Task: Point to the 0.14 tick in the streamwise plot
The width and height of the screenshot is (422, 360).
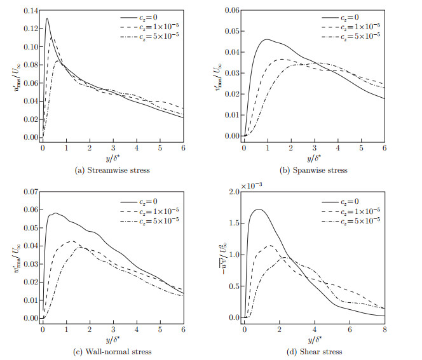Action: tap(28, 11)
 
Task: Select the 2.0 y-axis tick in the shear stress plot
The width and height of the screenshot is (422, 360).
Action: tap(233, 192)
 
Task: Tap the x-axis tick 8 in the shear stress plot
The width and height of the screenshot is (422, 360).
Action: tap(385, 330)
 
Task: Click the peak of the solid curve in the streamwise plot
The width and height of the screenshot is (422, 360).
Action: tap(47, 18)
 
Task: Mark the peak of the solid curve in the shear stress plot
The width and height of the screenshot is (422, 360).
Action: tap(259, 210)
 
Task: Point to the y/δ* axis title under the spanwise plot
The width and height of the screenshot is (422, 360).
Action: tap(314, 156)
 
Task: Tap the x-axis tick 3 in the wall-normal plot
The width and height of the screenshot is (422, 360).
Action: tap(112, 330)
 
